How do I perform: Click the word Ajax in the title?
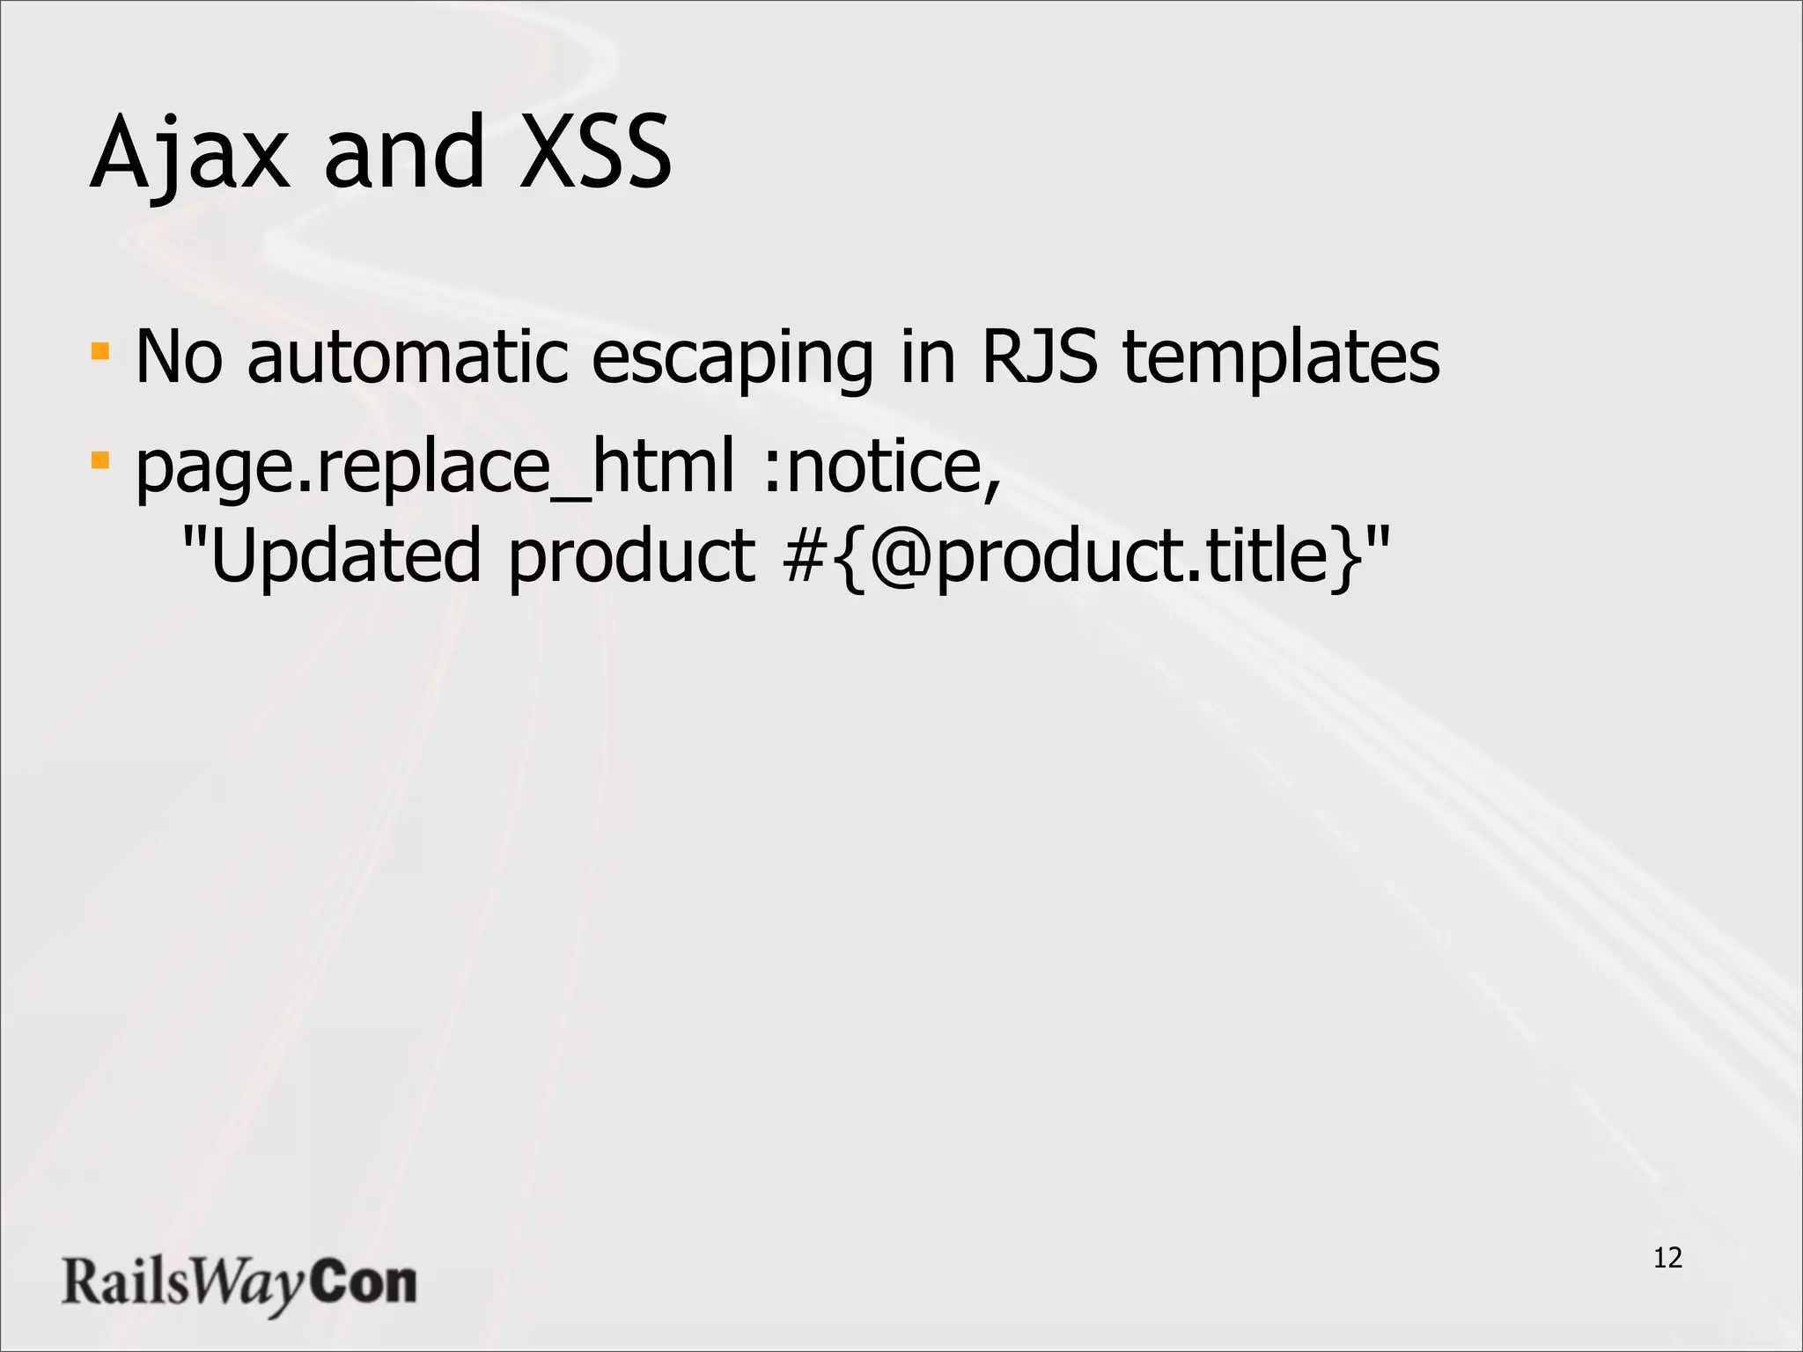[x=189, y=154]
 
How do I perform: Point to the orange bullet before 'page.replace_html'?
[x=100, y=460]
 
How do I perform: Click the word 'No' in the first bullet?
[x=179, y=356]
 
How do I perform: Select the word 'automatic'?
[x=408, y=356]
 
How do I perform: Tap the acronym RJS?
[x=1040, y=356]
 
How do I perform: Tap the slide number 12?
[x=1667, y=1258]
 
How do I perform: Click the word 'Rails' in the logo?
[x=124, y=1282]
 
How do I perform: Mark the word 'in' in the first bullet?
[x=927, y=356]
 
